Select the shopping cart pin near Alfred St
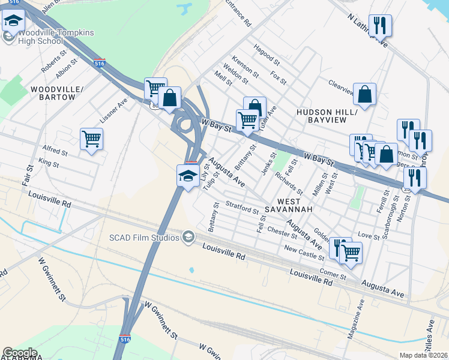click(x=91, y=139)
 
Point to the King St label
click(x=48, y=163)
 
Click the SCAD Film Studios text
click(x=144, y=238)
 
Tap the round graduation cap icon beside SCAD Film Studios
click(x=188, y=238)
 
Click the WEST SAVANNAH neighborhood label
click(x=294, y=205)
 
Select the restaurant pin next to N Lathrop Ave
click(x=380, y=25)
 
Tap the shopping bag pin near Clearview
click(x=364, y=94)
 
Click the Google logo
click(x=20, y=353)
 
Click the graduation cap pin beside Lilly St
click(x=187, y=176)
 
